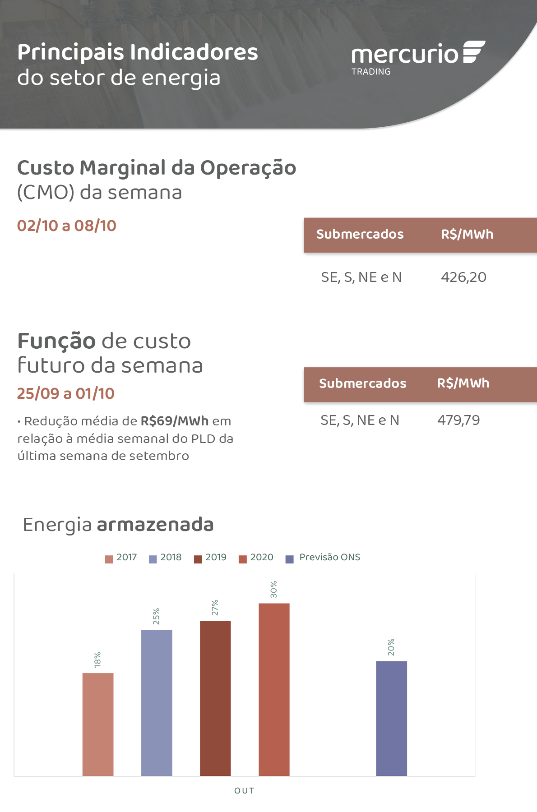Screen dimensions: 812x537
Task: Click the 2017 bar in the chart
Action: click(98, 724)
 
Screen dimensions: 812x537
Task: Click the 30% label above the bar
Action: click(273, 589)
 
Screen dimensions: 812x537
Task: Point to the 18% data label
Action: click(97, 660)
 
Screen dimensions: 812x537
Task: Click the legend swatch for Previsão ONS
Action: click(290, 559)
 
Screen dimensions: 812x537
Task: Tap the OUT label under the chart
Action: click(244, 790)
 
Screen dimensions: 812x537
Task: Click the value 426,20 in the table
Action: click(463, 277)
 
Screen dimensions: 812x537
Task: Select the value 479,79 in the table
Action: click(458, 420)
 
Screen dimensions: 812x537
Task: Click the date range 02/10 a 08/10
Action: click(67, 226)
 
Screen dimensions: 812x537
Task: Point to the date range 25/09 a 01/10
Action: click(66, 393)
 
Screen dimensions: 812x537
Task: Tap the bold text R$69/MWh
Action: click(175, 421)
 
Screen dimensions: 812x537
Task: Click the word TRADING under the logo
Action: click(371, 72)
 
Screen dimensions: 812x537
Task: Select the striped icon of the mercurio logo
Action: click(473, 52)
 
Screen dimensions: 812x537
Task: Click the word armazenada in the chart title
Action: click(155, 525)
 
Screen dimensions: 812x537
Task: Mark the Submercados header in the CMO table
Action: click(360, 234)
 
